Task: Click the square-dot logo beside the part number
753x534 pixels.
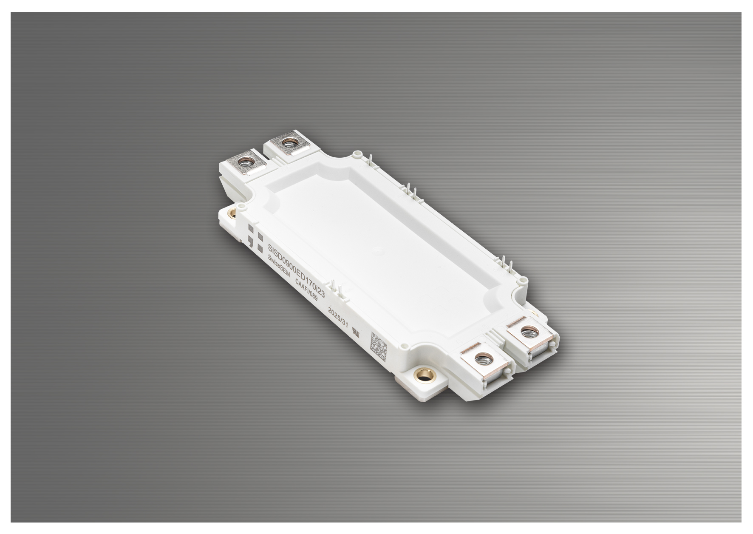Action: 255,238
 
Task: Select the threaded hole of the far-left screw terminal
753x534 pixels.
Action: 245,162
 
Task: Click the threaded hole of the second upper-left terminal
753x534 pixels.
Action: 289,142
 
